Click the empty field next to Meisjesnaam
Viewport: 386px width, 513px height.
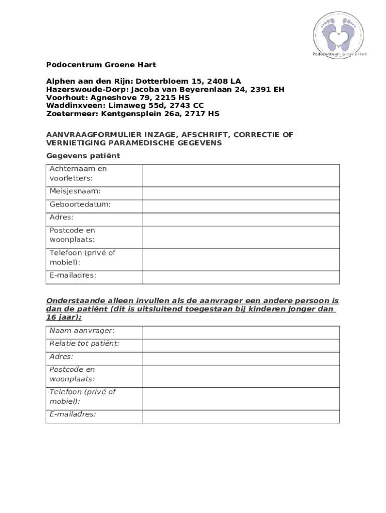[x=241, y=193]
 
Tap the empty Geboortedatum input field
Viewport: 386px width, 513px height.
[x=241, y=206]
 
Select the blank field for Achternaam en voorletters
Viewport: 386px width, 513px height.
[x=241, y=175]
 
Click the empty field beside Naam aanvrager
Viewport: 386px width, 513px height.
[x=241, y=332]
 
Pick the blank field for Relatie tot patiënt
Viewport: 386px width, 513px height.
[x=241, y=345]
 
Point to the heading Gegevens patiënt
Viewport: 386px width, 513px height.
[x=83, y=156]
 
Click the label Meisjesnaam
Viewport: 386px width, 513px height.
[x=75, y=191]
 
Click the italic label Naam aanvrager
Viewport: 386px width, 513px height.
[x=82, y=331]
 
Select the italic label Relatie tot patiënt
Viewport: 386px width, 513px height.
[x=84, y=344]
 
